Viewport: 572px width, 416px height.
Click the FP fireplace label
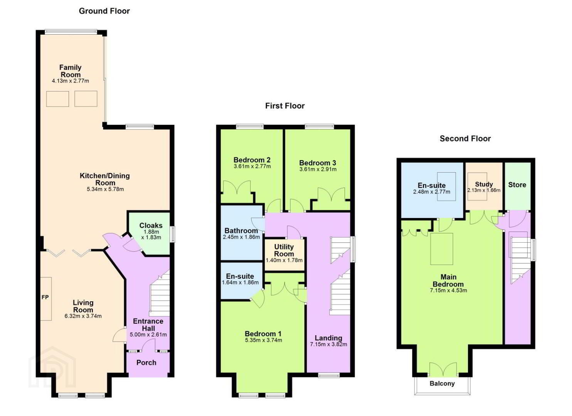pyautogui.click(x=45, y=297)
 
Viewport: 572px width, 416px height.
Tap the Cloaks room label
pyautogui.click(x=151, y=226)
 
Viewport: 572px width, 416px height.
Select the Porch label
pyautogui.click(x=146, y=363)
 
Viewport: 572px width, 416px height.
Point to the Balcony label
pyautogui.click(x=442, y=384)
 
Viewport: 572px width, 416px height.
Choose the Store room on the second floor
pyautogui.click(x=517, y=186)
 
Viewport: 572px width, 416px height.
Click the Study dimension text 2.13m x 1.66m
pyautogui.click(x=484, y=190)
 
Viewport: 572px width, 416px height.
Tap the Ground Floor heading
pyautogui.click(x=104, y=11)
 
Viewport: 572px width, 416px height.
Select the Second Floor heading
pyautogui.click(x=465, y=139)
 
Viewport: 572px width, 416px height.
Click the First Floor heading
pyautogui.click(x=285, y=106)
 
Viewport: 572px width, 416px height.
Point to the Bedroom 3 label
pyautogui.click(x=318, y=163)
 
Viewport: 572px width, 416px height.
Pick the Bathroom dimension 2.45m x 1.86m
pyautogui.click(x=241, y=237)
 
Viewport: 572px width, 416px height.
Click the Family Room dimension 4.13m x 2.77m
pyautogui.click(x=71, y=81)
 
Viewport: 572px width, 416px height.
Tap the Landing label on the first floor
pyautogui.click(x=328, y=338)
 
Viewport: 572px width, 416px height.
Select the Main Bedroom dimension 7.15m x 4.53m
pyautogui.click(x=448, y=290)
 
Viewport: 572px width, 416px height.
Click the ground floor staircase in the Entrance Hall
pyautogui.click(x=160, y=294)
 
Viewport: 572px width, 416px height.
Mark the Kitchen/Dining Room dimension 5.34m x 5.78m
pyautogui.click(x=105, y=190)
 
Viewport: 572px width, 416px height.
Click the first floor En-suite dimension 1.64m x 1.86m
pyautogui.click(x=240, y=282)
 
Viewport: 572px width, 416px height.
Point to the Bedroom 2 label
pyautogui.click(x=252, y=160)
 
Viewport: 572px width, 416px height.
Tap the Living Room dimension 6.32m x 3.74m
pyautogui.click(x=83, y=316)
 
